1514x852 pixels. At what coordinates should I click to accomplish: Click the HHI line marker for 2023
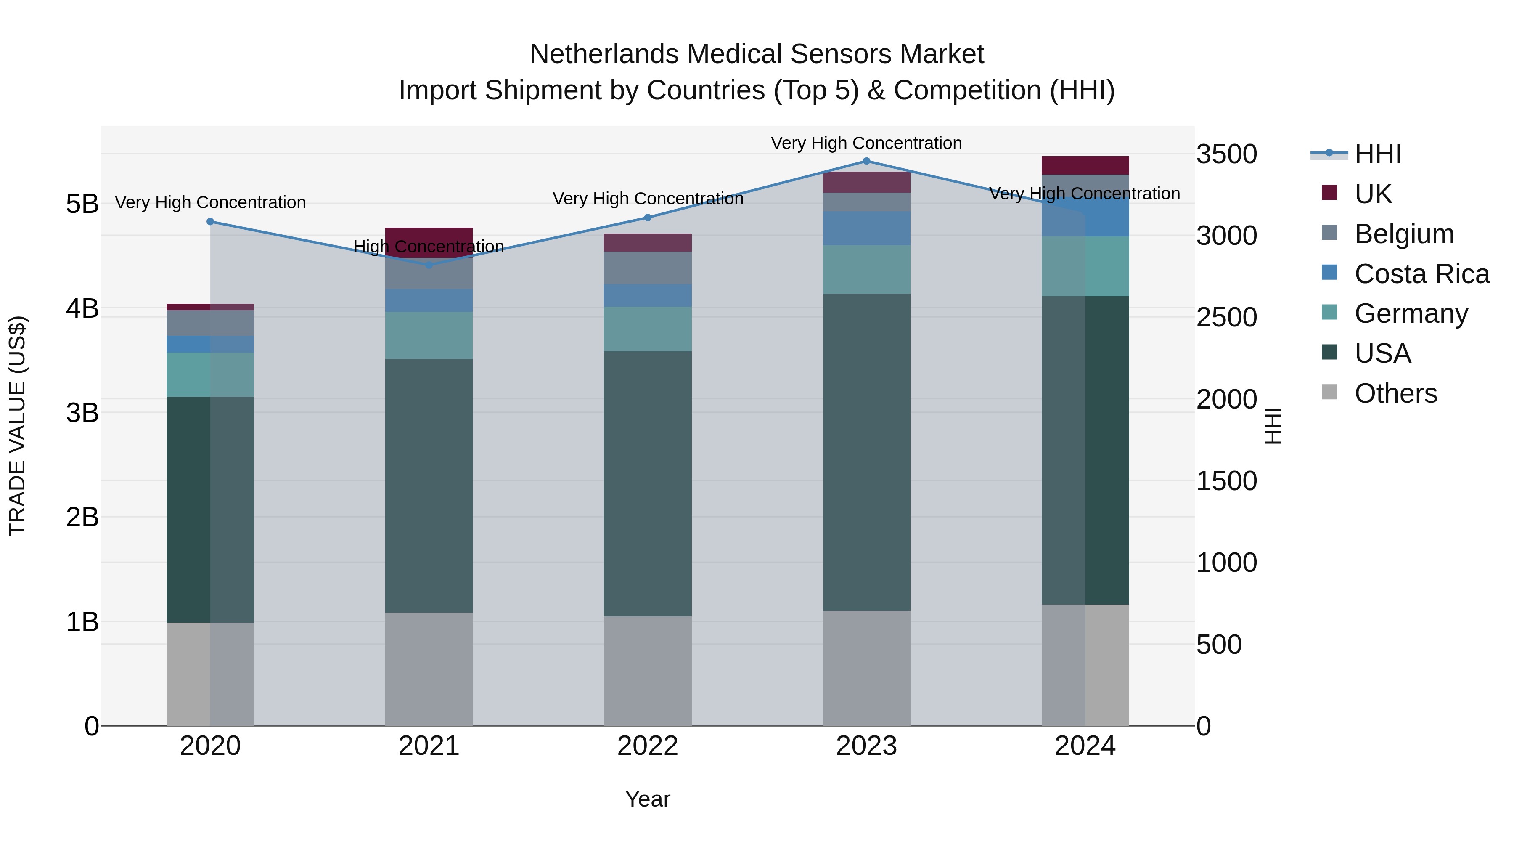866,161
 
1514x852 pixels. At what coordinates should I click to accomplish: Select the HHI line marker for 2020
210,222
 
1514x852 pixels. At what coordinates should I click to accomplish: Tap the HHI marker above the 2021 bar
429,265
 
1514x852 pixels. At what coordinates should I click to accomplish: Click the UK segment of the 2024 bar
1085,165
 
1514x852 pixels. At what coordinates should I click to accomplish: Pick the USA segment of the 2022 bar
648,483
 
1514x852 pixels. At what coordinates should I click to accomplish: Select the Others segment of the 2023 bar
866,668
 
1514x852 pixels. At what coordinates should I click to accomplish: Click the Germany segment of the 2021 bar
429,335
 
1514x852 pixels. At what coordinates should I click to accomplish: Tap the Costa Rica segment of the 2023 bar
866,228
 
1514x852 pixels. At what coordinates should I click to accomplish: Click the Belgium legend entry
1403,234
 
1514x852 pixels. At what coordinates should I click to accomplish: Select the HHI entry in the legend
1378,154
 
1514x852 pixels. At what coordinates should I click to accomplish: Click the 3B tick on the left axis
82,413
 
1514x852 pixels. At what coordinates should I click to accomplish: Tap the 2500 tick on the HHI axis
1227,318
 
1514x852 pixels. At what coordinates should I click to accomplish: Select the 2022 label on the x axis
648,746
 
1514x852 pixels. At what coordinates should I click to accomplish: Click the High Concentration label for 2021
429,247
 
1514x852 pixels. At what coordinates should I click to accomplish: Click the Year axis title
648,799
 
